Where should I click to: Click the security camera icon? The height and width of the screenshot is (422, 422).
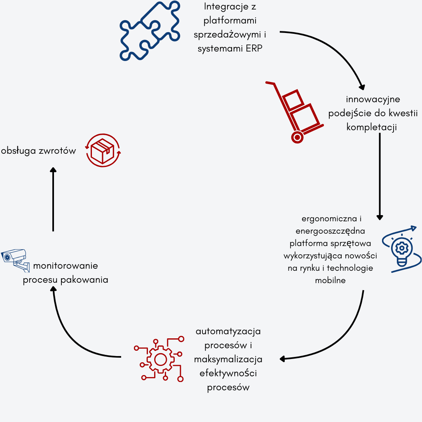pyautogui.click(x=15, y=259)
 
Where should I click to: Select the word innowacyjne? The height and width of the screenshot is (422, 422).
pyautogui.click(x=373, y=99)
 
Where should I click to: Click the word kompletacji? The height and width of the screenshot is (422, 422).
pyautogui.click(x=371, y=127)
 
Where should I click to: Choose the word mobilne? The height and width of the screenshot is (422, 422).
pyautogui.click(x=330, y=281)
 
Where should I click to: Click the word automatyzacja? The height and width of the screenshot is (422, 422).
pyautogui.click(x=228, y=331)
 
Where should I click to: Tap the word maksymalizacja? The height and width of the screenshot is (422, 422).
pyautogui.click(x=228, y=359)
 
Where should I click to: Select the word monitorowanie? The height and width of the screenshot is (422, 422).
pyautogui.click(x=66, y=266)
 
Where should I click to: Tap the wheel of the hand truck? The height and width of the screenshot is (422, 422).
pyautogui.click(x=297, y=137)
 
